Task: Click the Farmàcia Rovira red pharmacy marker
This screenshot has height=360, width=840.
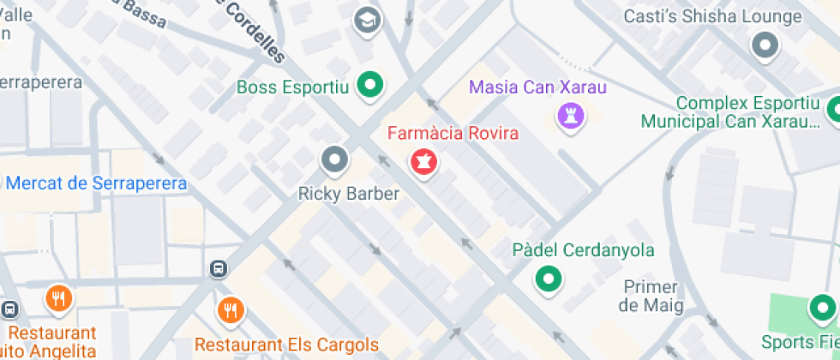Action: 423,160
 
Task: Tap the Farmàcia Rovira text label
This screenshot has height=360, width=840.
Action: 453,134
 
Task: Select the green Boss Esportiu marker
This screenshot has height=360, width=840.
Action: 370,85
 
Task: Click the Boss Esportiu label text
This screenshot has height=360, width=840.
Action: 292,87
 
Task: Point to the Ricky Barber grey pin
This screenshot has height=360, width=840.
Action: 334,159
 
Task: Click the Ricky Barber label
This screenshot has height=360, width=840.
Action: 348,194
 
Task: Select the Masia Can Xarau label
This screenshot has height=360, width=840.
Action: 537,87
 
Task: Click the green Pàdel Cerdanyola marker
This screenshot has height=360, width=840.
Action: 549,278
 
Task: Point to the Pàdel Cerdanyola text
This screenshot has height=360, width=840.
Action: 583,250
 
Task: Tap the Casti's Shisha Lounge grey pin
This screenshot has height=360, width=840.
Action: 764,45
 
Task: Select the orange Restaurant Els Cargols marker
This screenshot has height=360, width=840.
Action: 230,309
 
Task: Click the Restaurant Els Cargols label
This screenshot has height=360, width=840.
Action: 286,345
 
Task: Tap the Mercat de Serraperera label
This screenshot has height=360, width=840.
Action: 96,183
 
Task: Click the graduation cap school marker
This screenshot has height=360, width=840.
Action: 367,17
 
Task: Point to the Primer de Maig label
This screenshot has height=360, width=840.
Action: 651,296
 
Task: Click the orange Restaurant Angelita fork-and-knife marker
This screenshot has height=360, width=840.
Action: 58,297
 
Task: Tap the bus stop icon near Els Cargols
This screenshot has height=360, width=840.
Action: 219,269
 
